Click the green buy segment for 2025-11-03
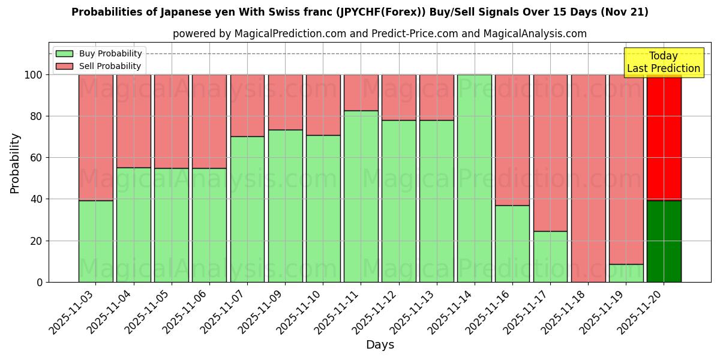point(95,241)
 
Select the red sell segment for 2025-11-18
point(589,178)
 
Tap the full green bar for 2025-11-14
point(475,178)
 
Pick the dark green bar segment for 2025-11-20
point(664,241)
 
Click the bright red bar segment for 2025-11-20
point(664,137)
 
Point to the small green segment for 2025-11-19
point(626,273)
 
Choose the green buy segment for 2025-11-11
point(361,196)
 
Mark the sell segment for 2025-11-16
point(512,140)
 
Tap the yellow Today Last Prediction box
point(664,62)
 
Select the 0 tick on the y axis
point(40,282)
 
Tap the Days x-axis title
point(380,345)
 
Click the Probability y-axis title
point(15,163)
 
